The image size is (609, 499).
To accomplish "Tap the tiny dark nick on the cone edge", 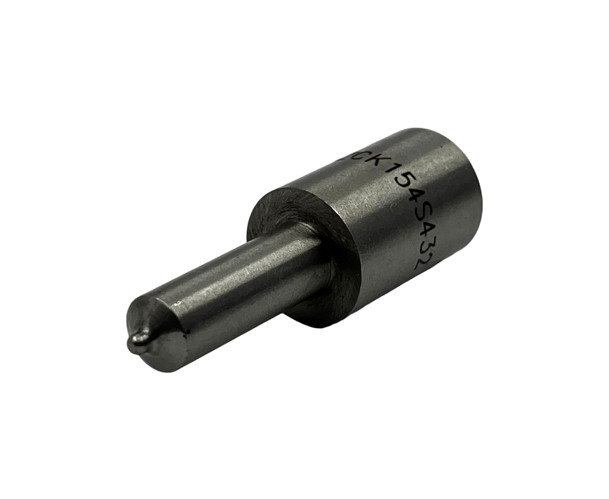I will (186, 331).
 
